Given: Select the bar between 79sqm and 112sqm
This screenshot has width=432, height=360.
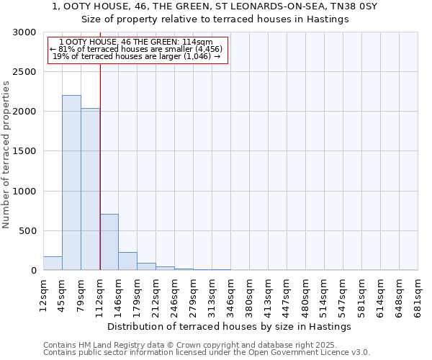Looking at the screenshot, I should click(x=90, y=189).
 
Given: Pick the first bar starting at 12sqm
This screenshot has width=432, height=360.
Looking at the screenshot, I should click(x=53, y=264).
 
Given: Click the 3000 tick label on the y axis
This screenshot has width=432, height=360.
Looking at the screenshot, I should click(x=24, y=32).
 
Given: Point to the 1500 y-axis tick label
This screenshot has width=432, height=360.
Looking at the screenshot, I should click(x=24, y=151).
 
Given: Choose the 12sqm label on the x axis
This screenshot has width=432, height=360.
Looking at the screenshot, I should click(x=44, y=293).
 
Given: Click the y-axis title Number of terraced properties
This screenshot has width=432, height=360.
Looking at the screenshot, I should click(x=6, y=155).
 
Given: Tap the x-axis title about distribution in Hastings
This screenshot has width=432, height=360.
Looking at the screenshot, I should click(x=230, y=326).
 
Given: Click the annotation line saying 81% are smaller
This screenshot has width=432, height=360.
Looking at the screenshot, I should click(x=137, y=49).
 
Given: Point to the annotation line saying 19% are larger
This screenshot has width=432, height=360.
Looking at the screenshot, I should click(x=137, y=56).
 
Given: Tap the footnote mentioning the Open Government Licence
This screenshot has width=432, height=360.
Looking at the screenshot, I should click(x=207, y=353).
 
